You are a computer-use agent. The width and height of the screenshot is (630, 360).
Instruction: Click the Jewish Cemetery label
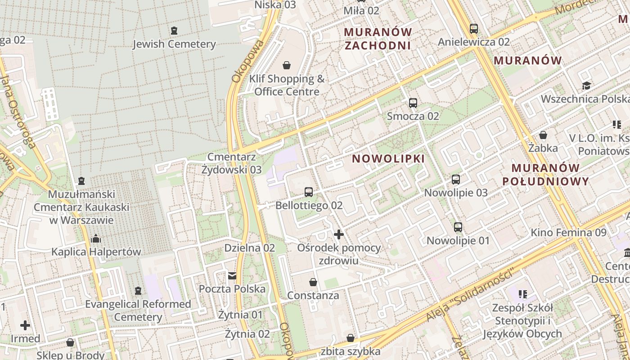pyautogui.click(x=174, y=44)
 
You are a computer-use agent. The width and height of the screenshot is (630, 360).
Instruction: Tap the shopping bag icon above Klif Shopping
pyautogui.click(x=287, y=66)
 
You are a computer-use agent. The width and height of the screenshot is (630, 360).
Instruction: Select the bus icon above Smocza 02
pyautogui.click(x=413, y=103)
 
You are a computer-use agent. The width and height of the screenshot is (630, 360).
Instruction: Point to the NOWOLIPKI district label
pyautogui.click(x=388, y=159)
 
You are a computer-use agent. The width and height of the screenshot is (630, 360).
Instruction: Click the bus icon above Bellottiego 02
pyautogui.click(x=309, y=192)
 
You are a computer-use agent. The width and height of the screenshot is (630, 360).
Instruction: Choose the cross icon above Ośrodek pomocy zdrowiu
pyautogui.click(x=339, y=234)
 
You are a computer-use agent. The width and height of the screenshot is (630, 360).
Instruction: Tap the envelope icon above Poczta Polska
pyautogui.click(x=232, y=275)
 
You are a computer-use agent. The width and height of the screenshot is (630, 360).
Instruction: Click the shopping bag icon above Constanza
pyautogui.click(x=313, y=282)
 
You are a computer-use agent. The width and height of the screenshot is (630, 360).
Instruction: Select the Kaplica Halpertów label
pyautogui.click(x=96, y=252)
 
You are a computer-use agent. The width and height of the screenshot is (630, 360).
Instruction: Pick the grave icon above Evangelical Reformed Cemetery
pyautogui.click(x=138, y=291)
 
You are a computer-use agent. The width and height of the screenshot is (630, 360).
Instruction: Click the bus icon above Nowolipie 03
pyautogui.click(x=456, y=180)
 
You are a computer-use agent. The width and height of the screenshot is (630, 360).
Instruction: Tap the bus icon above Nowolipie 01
pyautogui.click(x=458, y=227)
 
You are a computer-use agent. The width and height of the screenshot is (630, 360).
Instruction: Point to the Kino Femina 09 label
pyautogui.click(x=568, y=233)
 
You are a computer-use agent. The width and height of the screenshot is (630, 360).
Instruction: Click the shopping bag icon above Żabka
pyautogui.click(x=543, y=135)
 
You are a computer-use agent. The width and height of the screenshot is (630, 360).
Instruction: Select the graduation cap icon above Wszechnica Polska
pyautogui.click(x=586, y=86)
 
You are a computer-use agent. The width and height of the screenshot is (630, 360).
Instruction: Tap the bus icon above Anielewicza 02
pyautogui.click(x=474, y=29)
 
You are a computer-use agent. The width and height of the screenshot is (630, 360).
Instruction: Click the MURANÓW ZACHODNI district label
pyautogui.click(x=378, y=39)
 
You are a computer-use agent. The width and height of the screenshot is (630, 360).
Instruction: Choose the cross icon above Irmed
pyautogui.click(x=25, y=325)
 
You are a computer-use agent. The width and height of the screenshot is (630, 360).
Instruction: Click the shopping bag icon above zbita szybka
pyautogui.click(x=351, y=338)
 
